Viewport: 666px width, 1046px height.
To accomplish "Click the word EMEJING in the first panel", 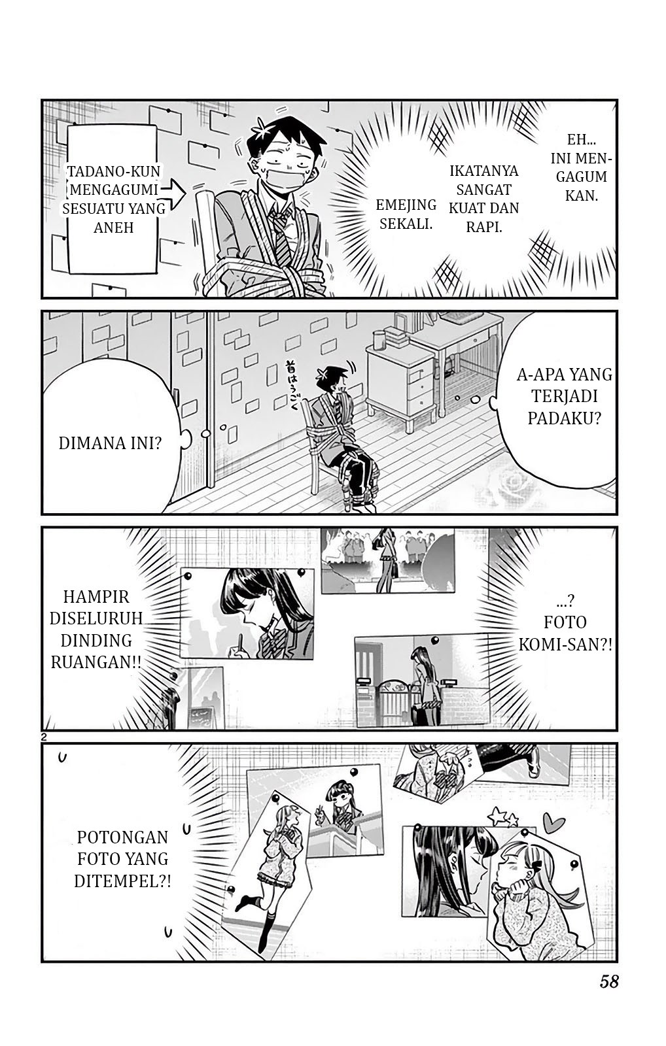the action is click(x=406, y=205).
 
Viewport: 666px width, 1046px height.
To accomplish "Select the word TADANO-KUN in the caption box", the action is click(x=114, y=171).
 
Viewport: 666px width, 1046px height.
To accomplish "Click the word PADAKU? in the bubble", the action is click(x=564, y=418).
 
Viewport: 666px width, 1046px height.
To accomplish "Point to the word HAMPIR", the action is click(x=96, y=596).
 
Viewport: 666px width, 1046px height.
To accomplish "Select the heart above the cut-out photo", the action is click(x=554, y=821).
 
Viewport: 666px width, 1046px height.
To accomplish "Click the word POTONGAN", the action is click(x=122, y=837).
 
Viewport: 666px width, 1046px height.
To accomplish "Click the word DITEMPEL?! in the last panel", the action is click(x=122, y=881).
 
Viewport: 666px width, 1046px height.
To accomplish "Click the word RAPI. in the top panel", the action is click(x=483, y=227).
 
